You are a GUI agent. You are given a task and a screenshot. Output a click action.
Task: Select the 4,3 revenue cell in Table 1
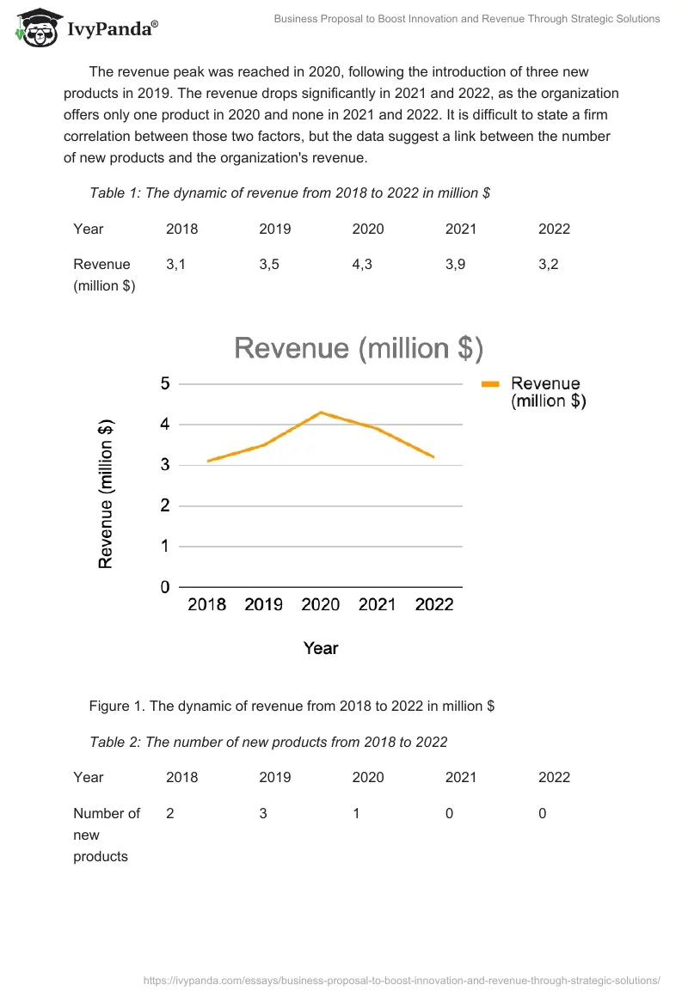point(361,265)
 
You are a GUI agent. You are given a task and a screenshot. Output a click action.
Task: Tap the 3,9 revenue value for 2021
point(455,265)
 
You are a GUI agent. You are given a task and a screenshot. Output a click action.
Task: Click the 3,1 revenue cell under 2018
point(175,265)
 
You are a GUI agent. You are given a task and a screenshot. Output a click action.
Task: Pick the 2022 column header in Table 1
point(554,229)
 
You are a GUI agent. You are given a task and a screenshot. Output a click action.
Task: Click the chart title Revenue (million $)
point(359,348)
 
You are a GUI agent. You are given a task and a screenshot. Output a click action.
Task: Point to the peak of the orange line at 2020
point(321,413)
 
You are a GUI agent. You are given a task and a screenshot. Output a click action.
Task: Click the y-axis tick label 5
point(164,384)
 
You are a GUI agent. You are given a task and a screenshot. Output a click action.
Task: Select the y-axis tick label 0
point(164,588)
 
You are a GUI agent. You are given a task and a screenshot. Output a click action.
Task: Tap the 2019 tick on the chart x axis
point(263,605)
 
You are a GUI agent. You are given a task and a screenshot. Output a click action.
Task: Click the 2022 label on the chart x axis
point(434,605)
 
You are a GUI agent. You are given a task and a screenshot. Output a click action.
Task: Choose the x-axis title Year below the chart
point(320,649)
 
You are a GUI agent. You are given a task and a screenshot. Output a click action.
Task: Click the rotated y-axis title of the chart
point(106,493)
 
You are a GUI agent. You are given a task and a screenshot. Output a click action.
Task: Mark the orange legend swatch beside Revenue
point(490,385)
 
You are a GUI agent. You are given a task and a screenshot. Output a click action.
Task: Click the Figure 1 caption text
point(292,706)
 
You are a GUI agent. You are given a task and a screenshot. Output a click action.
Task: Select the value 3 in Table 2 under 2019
point(263,813)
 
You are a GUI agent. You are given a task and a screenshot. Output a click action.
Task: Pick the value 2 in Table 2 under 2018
point(170,813)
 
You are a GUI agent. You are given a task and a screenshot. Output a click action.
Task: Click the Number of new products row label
point(107,835)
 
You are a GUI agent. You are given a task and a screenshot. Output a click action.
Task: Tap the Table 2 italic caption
point(268,742)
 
